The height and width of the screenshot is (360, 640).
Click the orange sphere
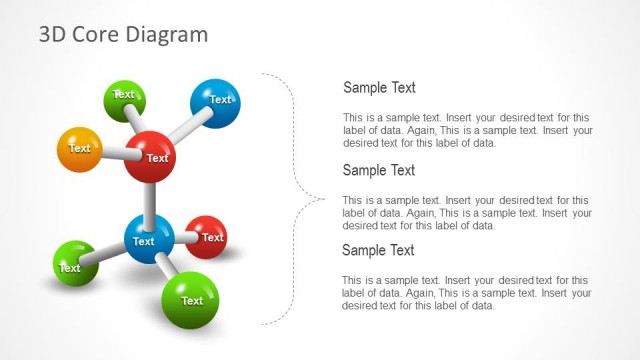(79, 149)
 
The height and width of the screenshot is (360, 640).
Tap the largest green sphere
(190, 299)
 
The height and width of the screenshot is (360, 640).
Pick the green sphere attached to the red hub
(125, 98)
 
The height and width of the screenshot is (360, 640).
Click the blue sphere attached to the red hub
(215, 102)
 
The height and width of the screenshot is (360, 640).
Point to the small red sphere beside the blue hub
(207, 237)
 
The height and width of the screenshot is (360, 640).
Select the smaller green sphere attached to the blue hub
(74, 263)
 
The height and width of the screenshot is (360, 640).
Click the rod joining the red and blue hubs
(150, 200)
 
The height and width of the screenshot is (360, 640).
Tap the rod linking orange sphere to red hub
(113, 153)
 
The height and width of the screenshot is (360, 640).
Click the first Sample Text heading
(379, 88)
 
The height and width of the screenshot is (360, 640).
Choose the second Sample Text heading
(379, 170)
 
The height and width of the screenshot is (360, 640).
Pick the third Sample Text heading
(378, 250)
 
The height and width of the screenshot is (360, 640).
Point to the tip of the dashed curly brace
(322, 198)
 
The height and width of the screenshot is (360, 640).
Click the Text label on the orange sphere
(79, 148)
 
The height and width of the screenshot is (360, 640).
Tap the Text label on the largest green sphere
(192, 301)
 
